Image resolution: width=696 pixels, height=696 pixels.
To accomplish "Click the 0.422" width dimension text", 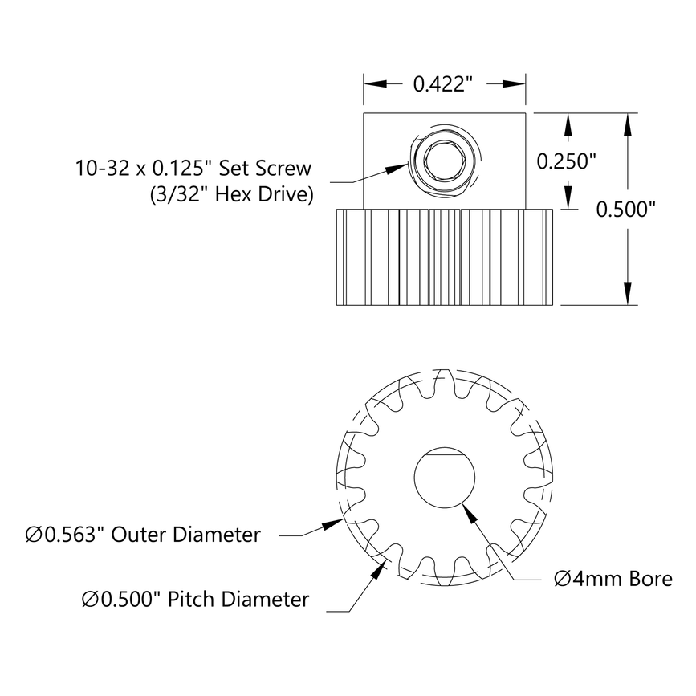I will click(x=445, y=83).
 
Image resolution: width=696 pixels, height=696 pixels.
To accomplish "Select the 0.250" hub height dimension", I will click(x=566, y=161).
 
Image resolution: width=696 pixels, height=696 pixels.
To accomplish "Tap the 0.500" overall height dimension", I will click(x=626, y=209).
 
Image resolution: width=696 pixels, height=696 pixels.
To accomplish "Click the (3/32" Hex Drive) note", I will click(x=231, y=194).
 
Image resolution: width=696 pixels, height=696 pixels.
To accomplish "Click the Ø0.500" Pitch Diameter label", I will click(x=195, y=599).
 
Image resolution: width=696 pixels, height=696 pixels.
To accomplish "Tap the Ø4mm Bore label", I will click(x=613, y=578).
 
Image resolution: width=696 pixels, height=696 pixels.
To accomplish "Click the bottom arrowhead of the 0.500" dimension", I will click(x=628, y=292).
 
